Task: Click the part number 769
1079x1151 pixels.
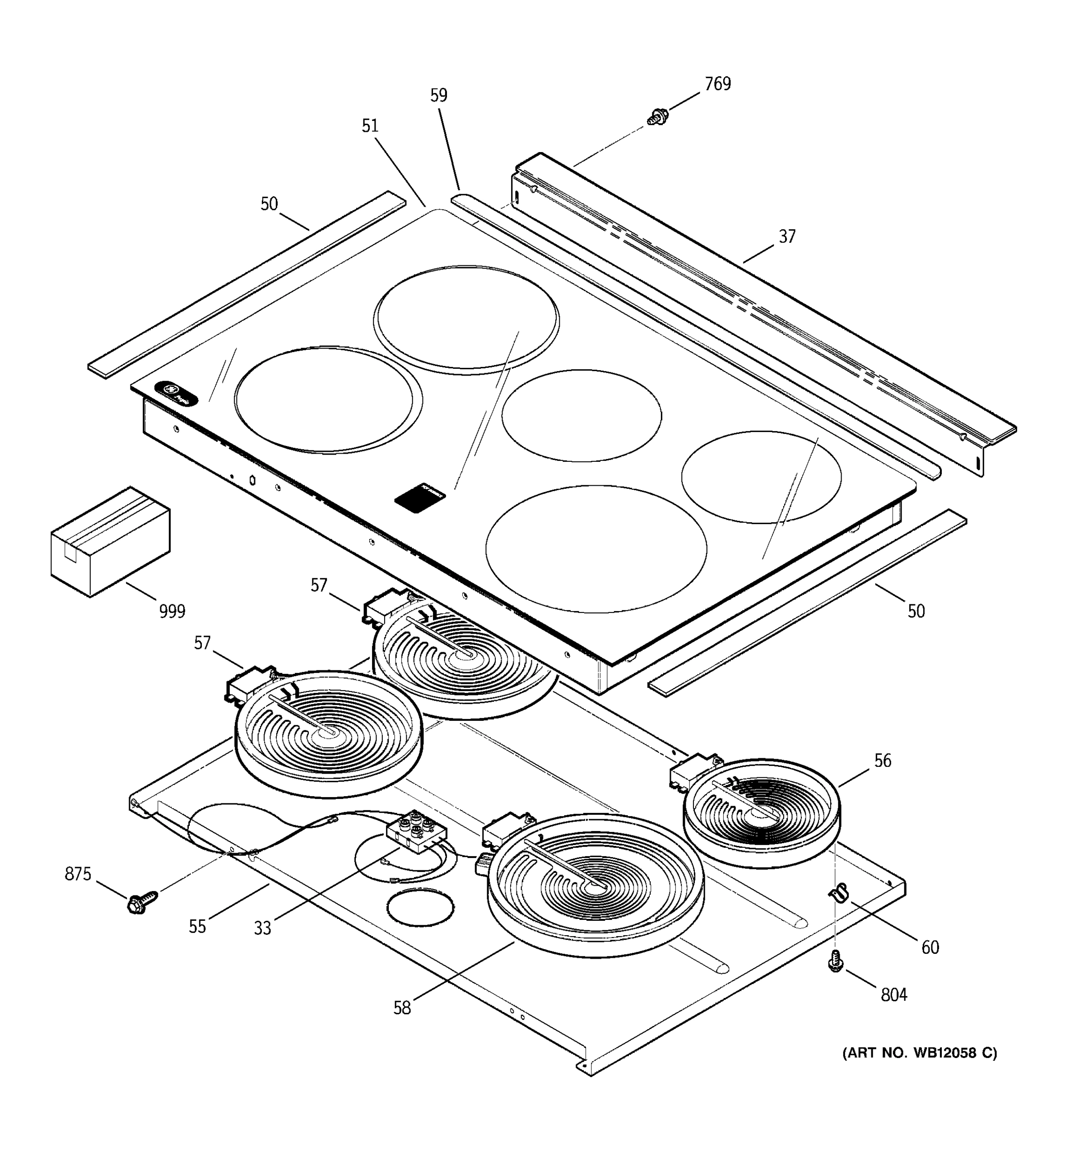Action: [717, 84]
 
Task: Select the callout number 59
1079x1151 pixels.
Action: [439, 95]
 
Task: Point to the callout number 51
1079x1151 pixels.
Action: [370, 126]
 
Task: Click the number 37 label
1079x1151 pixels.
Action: [786, 236]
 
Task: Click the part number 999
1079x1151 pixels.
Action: [172, 611]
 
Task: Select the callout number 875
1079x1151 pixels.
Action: [78, 874]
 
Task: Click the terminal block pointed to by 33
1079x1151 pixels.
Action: [416, 831]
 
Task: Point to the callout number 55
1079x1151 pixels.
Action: [198, 927]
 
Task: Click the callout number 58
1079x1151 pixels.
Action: [402, 1008]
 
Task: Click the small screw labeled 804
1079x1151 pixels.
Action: [835, 962]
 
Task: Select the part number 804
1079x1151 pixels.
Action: [894, 995]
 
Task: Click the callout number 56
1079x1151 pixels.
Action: [882, 760]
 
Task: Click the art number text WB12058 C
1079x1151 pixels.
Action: [919, 1053]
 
